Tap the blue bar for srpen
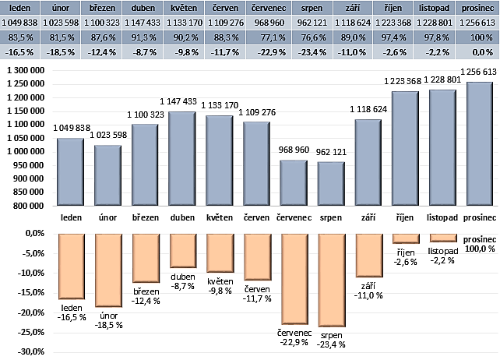(331, 184)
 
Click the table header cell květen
(183, 7)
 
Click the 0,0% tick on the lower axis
(32, 233)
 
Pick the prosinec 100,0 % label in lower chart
(479, 243)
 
